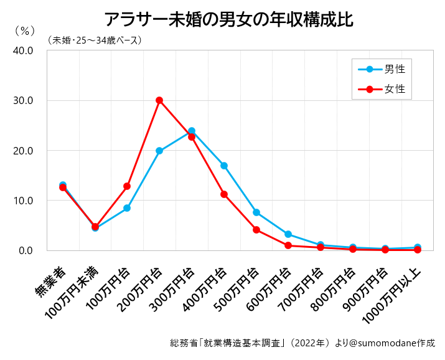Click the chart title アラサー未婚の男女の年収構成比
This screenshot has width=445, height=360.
[228, 19]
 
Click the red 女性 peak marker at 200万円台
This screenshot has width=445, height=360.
[159, 100]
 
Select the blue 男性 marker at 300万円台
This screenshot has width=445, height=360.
[191, 131]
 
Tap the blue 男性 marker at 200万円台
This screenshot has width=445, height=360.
[159, 151]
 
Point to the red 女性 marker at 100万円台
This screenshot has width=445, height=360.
[127, 186]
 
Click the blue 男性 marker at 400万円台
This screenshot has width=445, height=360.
[223, 166]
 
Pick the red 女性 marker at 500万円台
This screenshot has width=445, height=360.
[256, 230]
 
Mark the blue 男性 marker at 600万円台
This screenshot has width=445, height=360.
[288, 234]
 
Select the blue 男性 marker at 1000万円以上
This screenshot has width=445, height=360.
[417, 247]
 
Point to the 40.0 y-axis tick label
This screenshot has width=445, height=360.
[22, 50]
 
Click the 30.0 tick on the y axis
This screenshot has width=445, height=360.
[22, 100]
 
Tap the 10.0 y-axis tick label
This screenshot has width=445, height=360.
[22, 201]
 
